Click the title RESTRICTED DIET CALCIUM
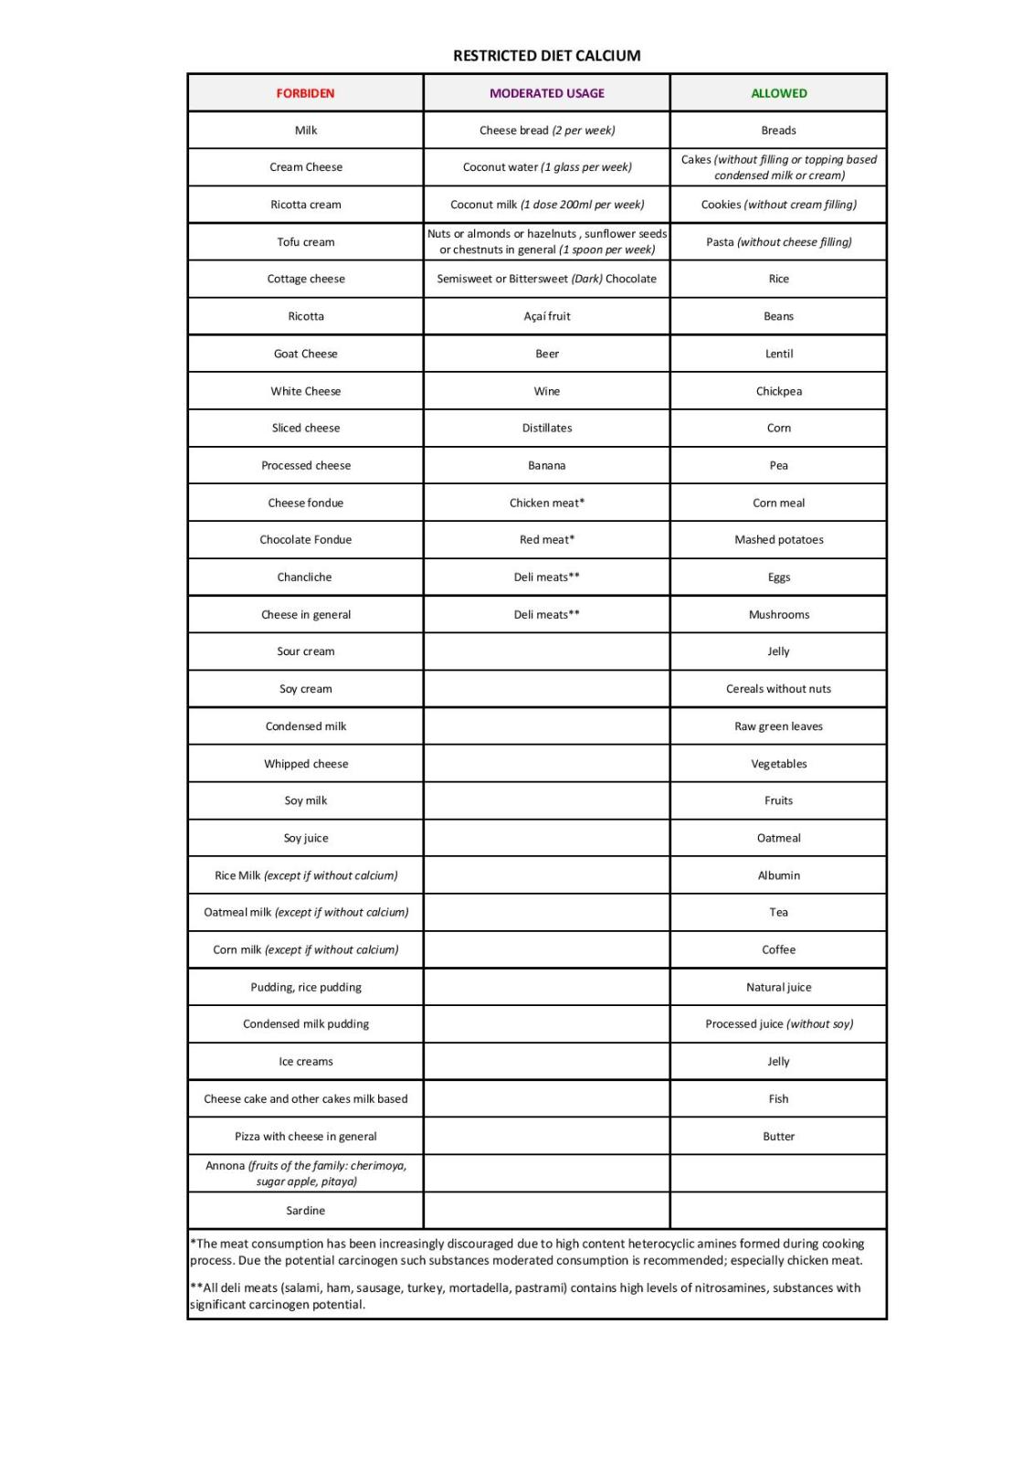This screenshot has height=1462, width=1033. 546,56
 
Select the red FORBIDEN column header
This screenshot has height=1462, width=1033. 305,93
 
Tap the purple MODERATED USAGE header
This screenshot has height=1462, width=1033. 546,93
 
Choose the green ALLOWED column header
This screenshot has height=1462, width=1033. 778,93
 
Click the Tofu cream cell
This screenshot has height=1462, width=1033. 305,242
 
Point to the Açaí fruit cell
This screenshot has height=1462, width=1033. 546,316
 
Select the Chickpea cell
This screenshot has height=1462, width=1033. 778,391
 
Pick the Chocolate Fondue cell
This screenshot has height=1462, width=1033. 305,540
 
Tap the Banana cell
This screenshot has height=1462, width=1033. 546,465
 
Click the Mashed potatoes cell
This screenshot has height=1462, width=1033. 778,540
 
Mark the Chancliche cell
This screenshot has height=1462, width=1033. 305,577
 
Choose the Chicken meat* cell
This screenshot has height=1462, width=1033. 546,503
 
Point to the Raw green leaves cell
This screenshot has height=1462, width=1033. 778,726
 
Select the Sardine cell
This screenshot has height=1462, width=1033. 305,1211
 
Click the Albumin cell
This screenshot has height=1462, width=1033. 778,875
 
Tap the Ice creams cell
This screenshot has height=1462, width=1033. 305,1062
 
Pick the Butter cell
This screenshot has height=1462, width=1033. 778,1137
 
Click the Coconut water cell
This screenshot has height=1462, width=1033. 546,167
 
